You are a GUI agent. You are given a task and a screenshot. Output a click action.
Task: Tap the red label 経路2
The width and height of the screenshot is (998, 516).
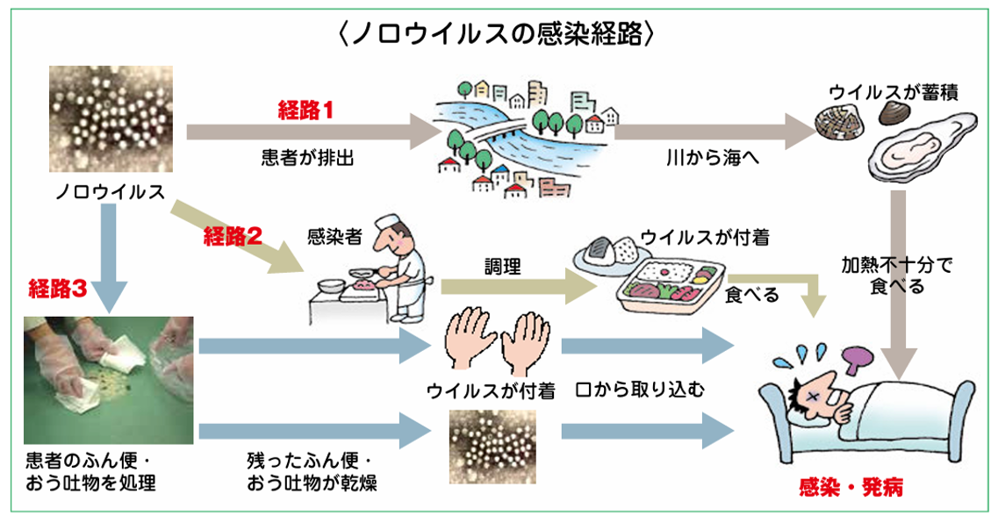tap(233, 234)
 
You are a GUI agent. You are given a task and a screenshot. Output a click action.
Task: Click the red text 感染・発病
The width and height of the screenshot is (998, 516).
tap(851, 484)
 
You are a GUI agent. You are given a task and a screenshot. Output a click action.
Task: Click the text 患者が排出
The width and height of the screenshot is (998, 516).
tap(297, 158)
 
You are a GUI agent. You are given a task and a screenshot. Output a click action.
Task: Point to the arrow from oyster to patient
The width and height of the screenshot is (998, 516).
tap(898, 290)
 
